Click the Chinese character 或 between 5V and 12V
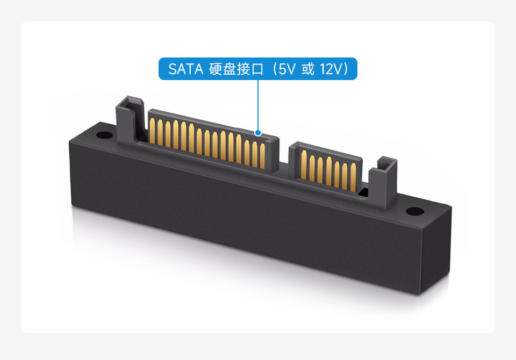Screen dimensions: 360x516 click(307, 69)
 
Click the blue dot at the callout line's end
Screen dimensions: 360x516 click(258, 133)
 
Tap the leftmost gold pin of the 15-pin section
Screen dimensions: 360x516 click(152, 132)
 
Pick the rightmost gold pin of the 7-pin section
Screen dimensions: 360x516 click(353, 176)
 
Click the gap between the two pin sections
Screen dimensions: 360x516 click(284, 161)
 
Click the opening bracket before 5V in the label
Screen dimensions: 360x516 click(274, 69)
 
